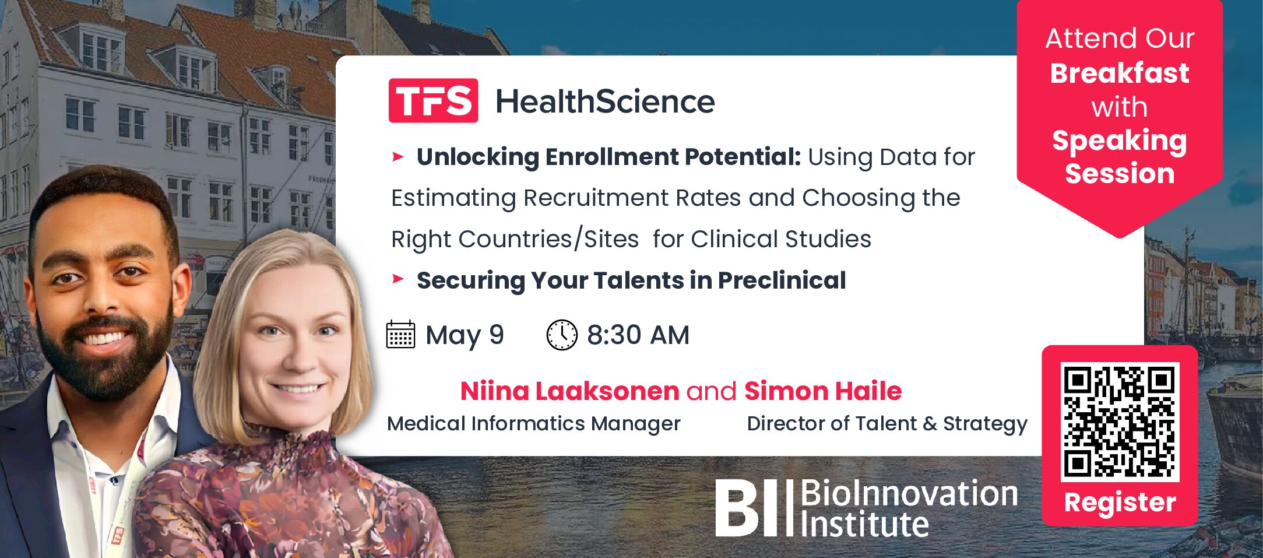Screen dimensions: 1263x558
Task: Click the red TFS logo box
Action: (x=433, y=100)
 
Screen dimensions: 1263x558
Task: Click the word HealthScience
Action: (x=605, y=101)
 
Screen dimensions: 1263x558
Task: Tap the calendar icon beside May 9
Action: (x=400, y=334)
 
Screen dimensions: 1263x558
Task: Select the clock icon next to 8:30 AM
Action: (x=561, y=335)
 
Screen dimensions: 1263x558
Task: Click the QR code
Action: (x=1120, y=422)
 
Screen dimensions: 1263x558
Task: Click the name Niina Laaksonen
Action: (x=569, y=391)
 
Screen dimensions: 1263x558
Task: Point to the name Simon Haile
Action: (x=823, y=391)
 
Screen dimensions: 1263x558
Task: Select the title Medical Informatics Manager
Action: (x=533, y=423)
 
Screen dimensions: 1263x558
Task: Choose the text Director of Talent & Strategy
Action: (x=887, y=424)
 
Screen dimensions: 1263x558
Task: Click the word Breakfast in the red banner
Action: (x=1119, y=73)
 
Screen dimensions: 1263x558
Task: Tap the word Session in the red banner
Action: (x=1120, y=173)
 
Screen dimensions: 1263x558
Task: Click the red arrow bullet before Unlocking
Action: (x=398, y=156)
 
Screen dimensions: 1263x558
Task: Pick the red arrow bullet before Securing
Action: (x=398, y=279)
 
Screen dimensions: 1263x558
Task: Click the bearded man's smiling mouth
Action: (x=105, y=337)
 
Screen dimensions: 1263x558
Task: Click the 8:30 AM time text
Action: (x=638, y=335)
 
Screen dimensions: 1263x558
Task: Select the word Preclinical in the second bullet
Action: (x=782, y=280)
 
